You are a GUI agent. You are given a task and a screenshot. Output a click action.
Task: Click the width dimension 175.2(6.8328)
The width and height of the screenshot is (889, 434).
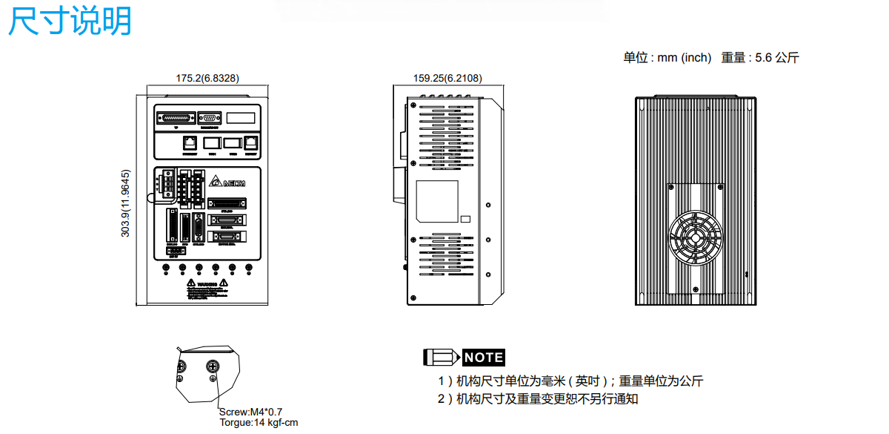[x=207, y=78]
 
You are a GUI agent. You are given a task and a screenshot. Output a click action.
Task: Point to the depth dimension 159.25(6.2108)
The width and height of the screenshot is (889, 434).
[x=447, y=78]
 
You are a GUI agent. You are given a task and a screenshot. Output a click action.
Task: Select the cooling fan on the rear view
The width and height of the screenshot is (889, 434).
[x=696, y=240]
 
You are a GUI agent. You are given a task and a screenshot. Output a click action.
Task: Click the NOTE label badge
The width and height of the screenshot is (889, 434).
[x=484, y=358]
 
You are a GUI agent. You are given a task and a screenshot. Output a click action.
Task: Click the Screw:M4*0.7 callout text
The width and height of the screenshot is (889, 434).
[x=251, y=412]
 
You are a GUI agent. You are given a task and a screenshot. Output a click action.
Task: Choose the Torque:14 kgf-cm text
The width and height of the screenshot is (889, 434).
[x=259, y=423]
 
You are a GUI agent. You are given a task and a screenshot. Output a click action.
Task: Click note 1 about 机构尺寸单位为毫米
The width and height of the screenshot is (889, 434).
[x=570, y=381]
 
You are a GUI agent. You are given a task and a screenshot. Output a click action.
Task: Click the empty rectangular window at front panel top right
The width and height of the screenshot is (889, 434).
[x=241, y=118]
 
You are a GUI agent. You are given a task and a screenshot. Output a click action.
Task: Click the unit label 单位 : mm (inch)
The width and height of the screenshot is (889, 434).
[x=667, y=58]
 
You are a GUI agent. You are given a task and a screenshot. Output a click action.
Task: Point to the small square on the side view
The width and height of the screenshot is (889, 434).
[x=465, y=220]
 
